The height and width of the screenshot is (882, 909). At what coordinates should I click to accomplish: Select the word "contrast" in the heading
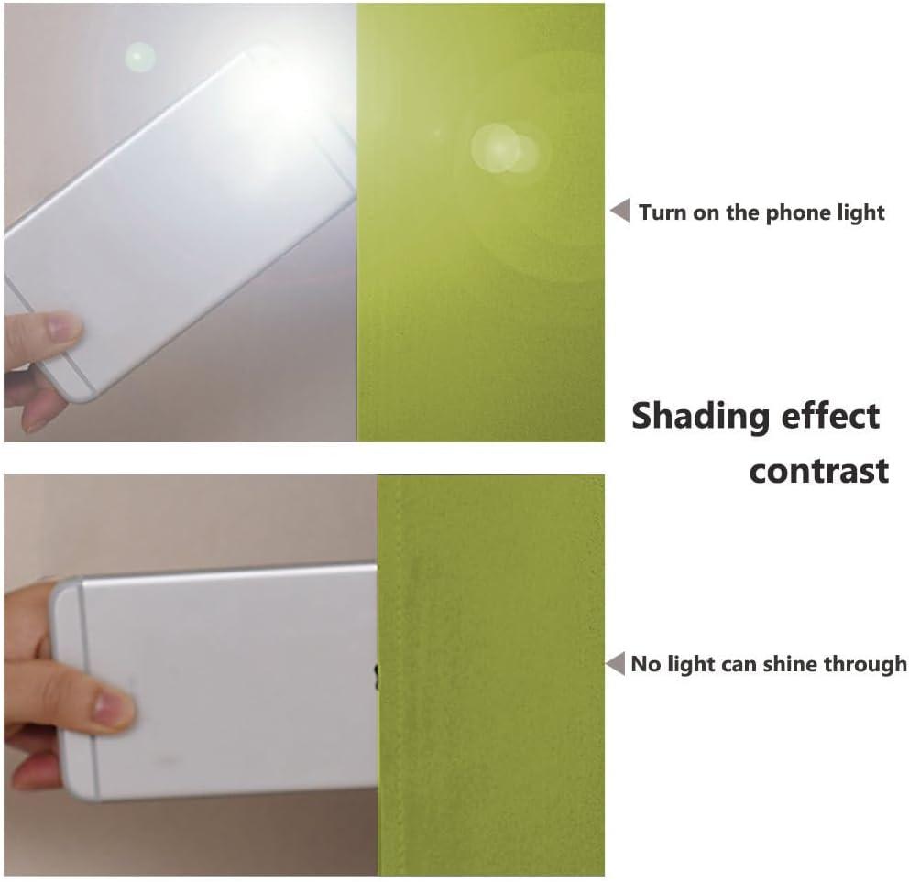[818, 471]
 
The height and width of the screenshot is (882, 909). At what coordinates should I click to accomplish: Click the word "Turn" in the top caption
[663, 212]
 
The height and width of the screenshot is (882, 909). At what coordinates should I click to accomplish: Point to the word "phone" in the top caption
[791, 212]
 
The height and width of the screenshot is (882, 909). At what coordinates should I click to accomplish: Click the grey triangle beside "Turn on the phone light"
[621, 210]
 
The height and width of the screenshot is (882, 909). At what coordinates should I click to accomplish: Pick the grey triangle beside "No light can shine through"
[616, 663]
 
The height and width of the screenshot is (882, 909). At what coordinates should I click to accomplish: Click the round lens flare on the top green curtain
[503, 149]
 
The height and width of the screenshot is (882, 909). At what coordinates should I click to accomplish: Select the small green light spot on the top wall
[139, 58]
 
